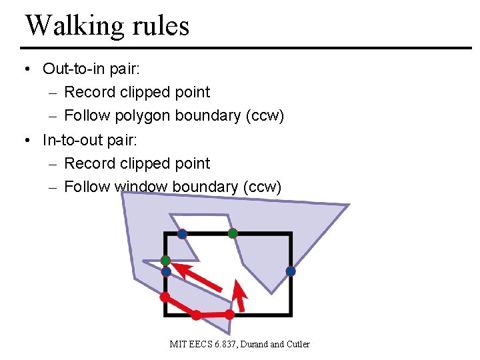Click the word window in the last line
(x=141, y=187)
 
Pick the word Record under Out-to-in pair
(x=90, y=93)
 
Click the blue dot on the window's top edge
(x=182, y=234)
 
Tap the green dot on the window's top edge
(x=232, y=233)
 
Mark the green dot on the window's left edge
(x=165, y=260)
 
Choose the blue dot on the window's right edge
(x=291, y=271)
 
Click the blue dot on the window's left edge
(x=166, y=271)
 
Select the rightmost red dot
(x=229, y=313)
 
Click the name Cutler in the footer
(x=299, y=344)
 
